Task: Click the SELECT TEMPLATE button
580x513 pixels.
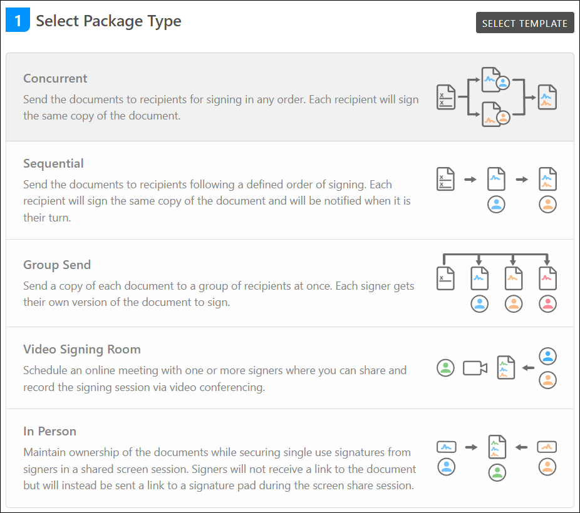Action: click(525, 23)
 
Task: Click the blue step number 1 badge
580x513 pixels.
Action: click(18, 21)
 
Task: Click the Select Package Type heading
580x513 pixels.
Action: click(108, 21)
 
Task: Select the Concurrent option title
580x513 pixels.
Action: click(55, 79)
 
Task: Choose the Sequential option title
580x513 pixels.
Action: click(53, 164)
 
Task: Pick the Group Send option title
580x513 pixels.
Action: click(56, 265)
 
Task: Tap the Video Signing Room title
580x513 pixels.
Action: click(81, 350)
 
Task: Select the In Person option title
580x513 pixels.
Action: click(49, 432)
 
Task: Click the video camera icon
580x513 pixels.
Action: click(475, 368)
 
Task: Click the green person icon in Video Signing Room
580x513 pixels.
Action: click(445, 368)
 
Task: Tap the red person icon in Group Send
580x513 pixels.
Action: click(547, 304)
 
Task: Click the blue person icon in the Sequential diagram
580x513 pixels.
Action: click(496, 205)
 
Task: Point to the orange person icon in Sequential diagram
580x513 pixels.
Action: click(547, 205)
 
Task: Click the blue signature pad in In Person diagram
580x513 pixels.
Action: click(446, 447)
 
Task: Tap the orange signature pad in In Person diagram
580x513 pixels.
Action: click(547, 447)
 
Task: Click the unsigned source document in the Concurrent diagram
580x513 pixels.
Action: click(445, 97)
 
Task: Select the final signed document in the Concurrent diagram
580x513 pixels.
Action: click(547, 97)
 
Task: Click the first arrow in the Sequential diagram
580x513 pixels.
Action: click(470, 180)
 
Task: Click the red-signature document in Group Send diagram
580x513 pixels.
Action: click(547, 278)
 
